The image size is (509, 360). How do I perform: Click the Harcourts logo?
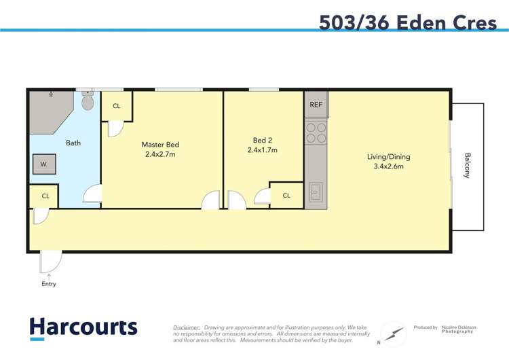(x=83, y=328)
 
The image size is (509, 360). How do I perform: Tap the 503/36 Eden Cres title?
(x=408, y=22)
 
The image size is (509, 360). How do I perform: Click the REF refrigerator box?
(x=316, y=105)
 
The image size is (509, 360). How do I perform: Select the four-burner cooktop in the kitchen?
(x=316, y=132)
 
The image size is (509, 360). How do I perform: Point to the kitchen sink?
(x=316, y=192)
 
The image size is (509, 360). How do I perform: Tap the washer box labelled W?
(x=43, y=164)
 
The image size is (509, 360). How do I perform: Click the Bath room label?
(x=73, y=143)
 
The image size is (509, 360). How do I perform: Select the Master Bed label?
(x=160, y=145)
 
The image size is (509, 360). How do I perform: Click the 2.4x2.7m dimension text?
(x=160, y=154)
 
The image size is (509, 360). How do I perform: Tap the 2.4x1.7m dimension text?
(x=262, y=150)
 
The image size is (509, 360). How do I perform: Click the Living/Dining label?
(x=388, y=157)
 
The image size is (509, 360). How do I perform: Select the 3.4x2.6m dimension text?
(x=388, y=166)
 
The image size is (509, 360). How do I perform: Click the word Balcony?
(x=467, y=165)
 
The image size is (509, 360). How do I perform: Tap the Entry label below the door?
(x=49, y=284)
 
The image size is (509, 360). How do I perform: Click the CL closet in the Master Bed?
(x=117, y=106)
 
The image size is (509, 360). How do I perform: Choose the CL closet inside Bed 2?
(x=286, y=196)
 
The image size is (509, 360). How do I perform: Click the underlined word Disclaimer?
(x=186, y=327)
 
